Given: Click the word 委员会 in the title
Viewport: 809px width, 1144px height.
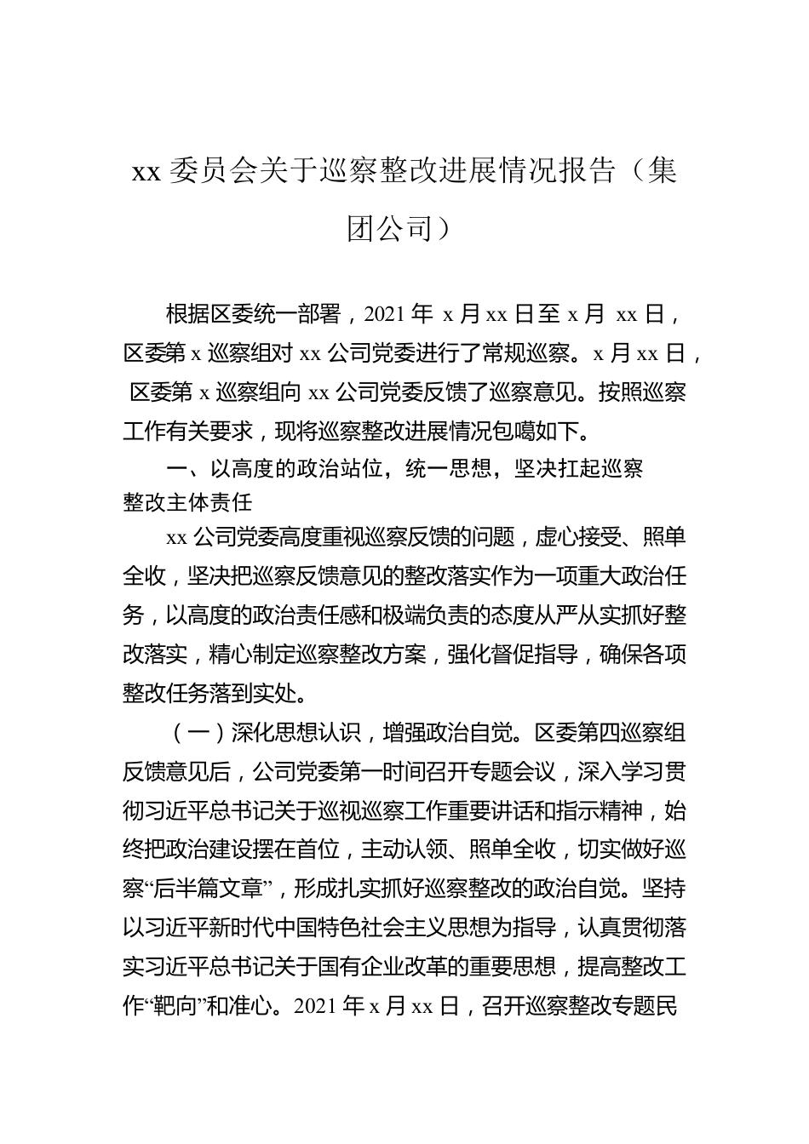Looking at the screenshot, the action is pos(225,171).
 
